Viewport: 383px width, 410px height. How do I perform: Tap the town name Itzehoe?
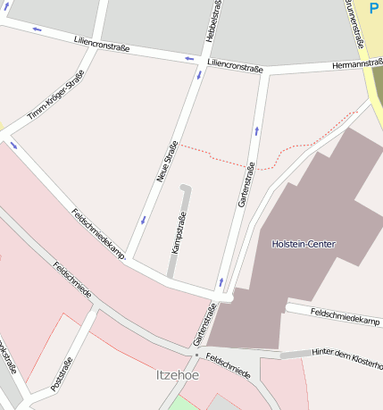click(178, 375)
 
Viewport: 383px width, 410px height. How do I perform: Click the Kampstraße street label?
click(179, 232)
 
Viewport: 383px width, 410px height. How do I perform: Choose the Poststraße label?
click(62, 373)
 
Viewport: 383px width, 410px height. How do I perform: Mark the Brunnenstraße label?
click(356, 22)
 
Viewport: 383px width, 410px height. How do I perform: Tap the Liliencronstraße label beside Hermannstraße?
click(235, 66)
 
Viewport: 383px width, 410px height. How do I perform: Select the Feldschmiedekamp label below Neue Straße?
click(98, 234)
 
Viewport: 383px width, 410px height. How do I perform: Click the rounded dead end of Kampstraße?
click(186, 188)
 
